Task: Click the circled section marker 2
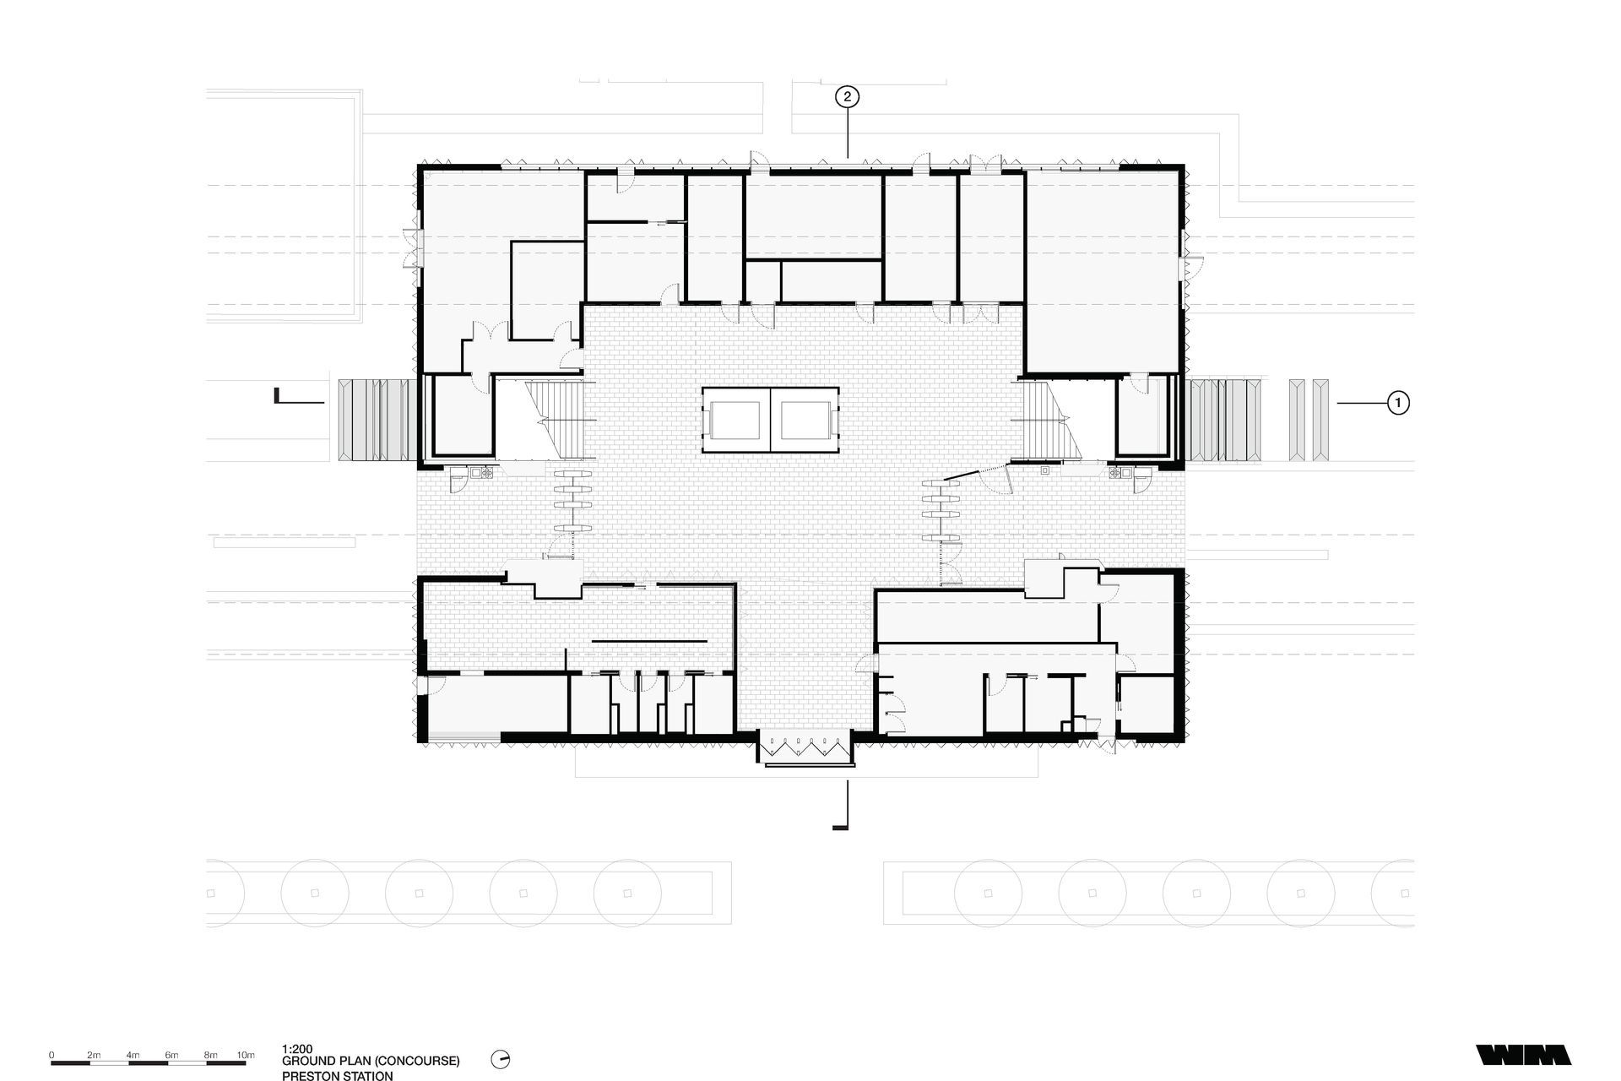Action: coord(848,97)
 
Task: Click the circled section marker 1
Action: coord(1398,404)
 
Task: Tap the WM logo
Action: coord(1523,1055)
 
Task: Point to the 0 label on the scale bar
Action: coord(52,1056)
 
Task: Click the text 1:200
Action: coord(297,1049)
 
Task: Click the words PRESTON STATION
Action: coord(338,1076)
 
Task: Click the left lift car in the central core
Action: coord(736,421)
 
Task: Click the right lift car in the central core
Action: coord(806,421)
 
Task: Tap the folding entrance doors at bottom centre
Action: coord(805,747)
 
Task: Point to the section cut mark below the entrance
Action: coord(843,807)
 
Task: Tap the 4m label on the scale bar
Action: coord(133,1056)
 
